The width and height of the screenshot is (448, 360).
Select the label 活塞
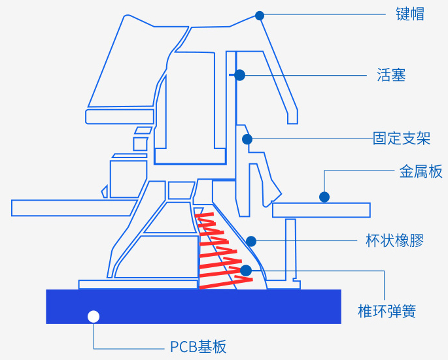(391, 75)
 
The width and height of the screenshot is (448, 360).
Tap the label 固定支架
(402, 139)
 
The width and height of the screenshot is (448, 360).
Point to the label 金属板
(421, 172)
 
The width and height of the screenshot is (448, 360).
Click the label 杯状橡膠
(394, 241)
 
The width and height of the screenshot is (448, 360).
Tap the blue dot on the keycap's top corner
(260, 15)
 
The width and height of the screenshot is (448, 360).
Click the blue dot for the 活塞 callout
(239, 75)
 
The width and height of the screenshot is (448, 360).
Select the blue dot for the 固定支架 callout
(247, 139)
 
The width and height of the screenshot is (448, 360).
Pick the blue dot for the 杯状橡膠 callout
(251, 241)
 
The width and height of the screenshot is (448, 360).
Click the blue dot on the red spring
(245, 270)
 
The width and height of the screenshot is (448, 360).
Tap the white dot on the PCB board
(94, 317)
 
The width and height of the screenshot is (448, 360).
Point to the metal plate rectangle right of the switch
(321, 210)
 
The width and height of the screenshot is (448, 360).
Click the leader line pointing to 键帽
(327, 14)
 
